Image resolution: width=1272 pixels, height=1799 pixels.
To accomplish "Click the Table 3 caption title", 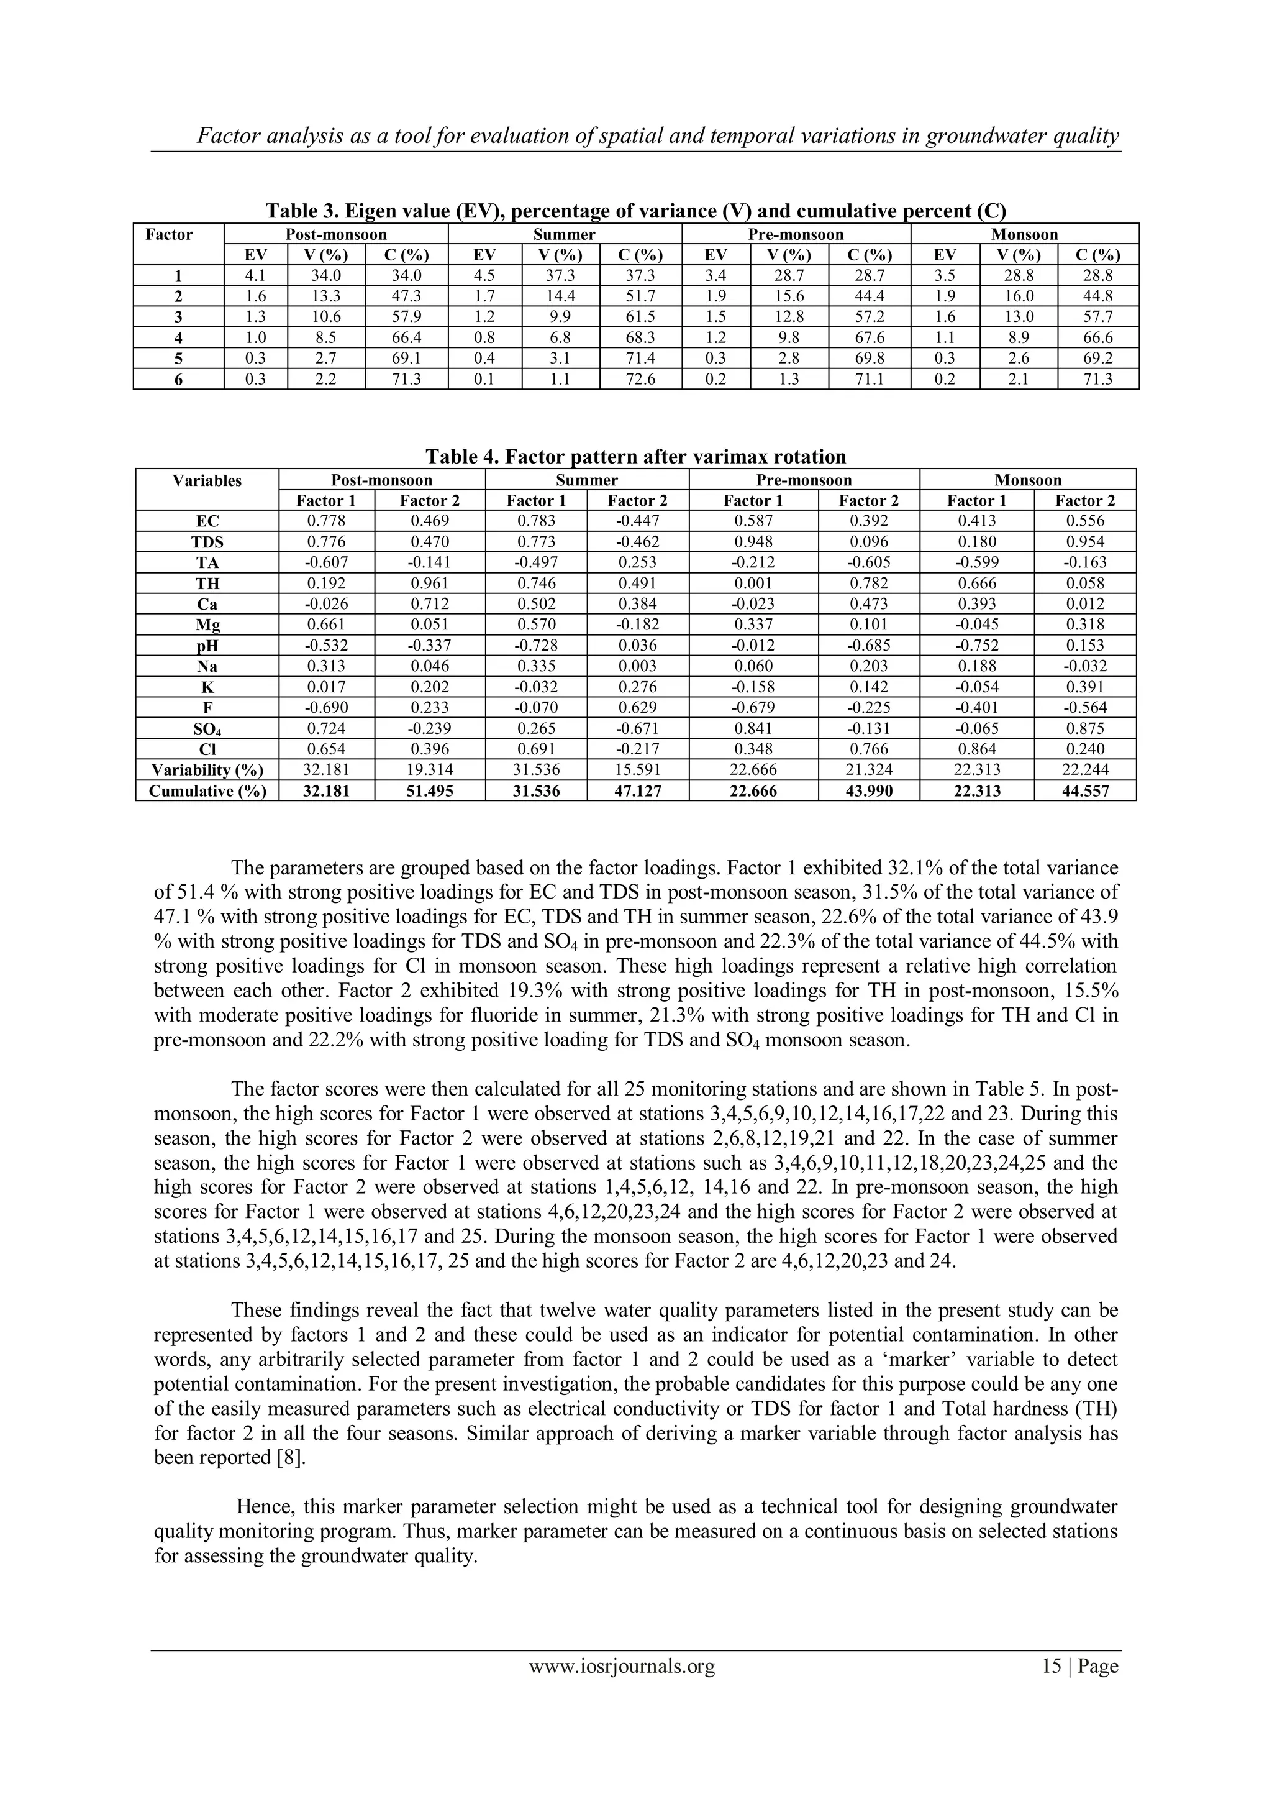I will point(635,211).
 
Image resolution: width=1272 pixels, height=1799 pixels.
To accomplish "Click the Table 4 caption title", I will point(635,457).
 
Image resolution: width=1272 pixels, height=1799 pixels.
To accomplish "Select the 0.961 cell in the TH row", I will point(429,584).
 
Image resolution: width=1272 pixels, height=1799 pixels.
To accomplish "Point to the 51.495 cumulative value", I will point(429,791).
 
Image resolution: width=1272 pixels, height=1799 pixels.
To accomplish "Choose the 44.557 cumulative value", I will point(1085,791).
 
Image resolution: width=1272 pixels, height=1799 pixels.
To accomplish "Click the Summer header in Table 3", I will point(564,234).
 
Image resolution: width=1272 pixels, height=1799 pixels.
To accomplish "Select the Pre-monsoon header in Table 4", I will point(804,480).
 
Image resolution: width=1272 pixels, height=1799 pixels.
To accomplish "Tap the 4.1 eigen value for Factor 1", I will point(255,276).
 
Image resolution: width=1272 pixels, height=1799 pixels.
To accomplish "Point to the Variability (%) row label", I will point(207,770).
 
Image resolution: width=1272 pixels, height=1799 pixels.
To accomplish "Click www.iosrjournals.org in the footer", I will point(622,1666).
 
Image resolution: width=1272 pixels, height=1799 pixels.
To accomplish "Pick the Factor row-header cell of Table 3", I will point(169,235).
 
